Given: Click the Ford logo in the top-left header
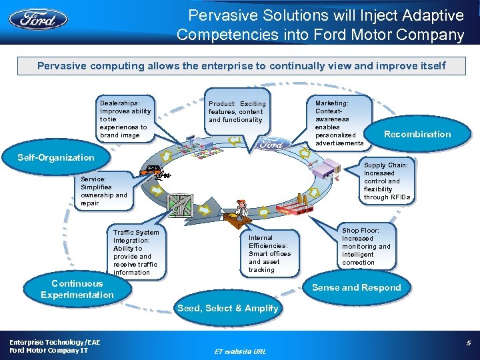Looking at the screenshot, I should (x=38, y=18).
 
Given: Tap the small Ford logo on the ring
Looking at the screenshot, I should (x=271, y=143).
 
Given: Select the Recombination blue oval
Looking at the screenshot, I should (x=417, y=134).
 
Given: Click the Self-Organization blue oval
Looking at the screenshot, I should (x=56, y=157).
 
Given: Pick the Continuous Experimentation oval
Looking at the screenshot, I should (x=77, y=289).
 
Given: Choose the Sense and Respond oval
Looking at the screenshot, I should (x=357, y=287).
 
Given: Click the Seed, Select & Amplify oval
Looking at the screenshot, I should (x=228, y=308).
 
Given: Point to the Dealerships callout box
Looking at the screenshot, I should (x=125, y=119).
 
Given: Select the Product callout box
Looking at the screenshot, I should (x=237, y=112).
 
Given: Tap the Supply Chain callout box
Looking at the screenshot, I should (x=387, y=181).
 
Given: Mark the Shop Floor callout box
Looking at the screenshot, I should (x=366, y=247).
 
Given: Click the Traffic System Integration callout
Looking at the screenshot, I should (x=136, y=252).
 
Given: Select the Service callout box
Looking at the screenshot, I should (x=103, y=191).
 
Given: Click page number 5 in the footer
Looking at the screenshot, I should (x=468, y=343).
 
